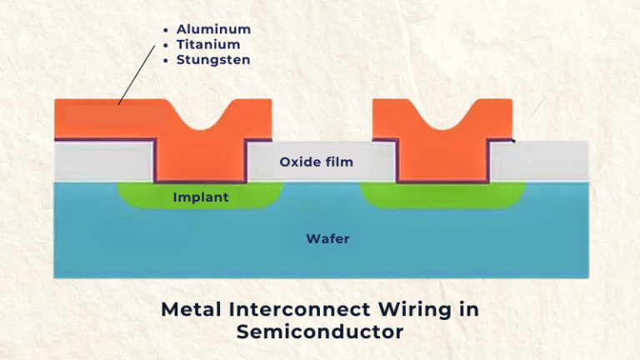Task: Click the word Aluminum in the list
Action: pos(213,29)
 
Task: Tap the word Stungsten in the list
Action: pos(213,60)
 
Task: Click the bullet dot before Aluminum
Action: pos(166,30)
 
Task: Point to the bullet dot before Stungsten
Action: pos(166,60)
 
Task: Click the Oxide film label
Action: pos(316,162)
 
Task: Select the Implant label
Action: pos(200,197)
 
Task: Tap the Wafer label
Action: pos(327,239)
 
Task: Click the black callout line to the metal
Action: pos(137,75)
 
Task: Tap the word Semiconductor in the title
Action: pos(320,332)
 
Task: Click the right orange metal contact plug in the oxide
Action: pos(442,158)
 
